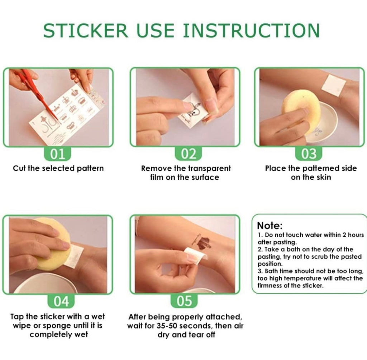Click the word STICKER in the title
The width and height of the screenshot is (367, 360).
pos(85,30)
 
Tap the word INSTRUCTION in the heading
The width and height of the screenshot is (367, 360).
pos(251,30)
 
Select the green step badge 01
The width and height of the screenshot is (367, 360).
pos(58,154)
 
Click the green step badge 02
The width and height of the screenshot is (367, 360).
pos(189,154)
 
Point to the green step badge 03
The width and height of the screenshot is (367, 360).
pos(309,154)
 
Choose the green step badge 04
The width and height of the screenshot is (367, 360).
pos(61,301)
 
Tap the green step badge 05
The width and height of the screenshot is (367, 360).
pos(184,301)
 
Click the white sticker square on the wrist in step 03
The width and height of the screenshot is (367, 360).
pos(334,85)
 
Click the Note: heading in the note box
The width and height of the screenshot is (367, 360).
pos(270,226)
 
